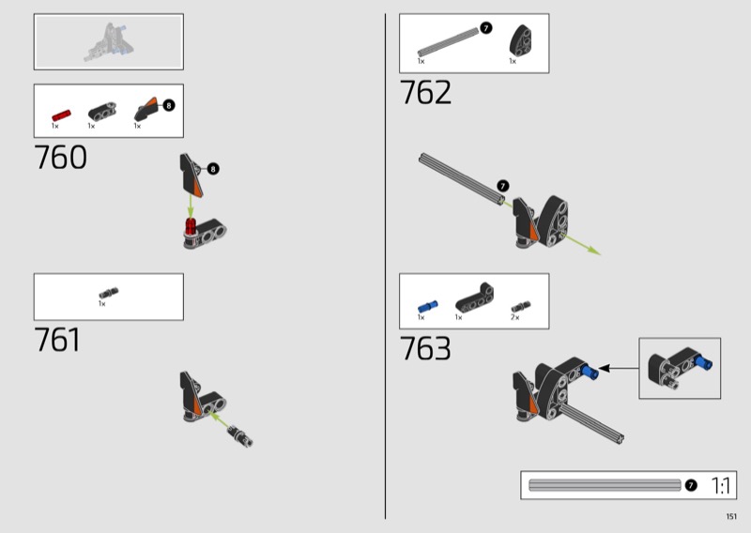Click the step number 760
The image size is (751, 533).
[60, 157]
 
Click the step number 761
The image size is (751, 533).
[57, 340]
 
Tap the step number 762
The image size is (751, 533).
[425, 92]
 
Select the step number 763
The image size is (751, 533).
[425, 348]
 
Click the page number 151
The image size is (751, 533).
[731, 516]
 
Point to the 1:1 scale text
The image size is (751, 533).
[720, 485]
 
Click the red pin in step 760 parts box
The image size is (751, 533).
[61, 116]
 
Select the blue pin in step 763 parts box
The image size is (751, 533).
[428, 307]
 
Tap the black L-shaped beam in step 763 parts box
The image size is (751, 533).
[475, 297]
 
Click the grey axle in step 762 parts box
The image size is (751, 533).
[449, 42]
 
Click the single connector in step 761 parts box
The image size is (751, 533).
[109, 292]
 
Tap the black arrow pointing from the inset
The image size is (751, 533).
[619, 368]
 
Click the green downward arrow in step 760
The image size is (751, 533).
[191, 206]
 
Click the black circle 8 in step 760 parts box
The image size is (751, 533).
[169, 105]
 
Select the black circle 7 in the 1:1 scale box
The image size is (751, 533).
[691, 485]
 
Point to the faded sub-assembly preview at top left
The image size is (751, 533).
[109, 42]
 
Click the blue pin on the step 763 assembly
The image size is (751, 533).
[590, 372]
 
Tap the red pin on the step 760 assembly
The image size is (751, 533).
[192, 226]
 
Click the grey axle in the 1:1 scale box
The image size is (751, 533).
[605, 485]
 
